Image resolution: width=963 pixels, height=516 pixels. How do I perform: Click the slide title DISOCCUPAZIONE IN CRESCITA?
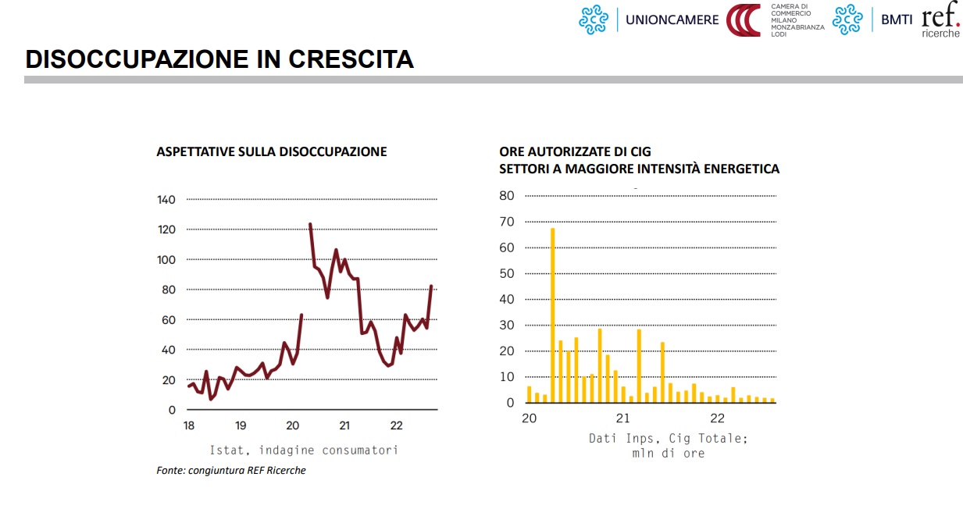pyautogui.click(x=219, y=59)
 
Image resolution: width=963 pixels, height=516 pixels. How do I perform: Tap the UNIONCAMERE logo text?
pyautogui.click(x=672, y=20)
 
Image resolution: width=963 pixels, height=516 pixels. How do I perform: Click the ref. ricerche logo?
pyautogui.click(x=940, y=23)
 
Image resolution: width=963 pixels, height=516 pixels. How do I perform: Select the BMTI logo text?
pyautogui.click(x=897, y=20)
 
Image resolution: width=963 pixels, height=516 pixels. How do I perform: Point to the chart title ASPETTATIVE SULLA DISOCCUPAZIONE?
pyautogui.click(x=272, y=151)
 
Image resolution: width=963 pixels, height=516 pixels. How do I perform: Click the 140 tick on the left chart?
pyautogui.click(x=166, y=200)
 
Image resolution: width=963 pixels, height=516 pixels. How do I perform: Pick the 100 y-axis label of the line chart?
pyautogui.click(x=166, y=260)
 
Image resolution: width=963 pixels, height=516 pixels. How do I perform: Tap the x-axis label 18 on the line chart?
pyautogui.click(x=188, y=425)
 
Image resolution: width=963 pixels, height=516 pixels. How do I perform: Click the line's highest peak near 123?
pyautogui.click(x=310, y=225)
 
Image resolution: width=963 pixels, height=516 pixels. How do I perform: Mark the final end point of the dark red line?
pyautogui.click(x=431, y=286)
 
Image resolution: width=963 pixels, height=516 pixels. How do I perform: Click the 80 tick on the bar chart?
pyautogui.click(x=507, y=196)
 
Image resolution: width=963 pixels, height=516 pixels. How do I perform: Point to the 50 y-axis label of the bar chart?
pyautogui.click(x=507, y=273)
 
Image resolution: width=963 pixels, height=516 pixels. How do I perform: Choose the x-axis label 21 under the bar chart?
pyautogui.click(x=623, y=418)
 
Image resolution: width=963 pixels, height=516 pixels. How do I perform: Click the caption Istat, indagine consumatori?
pyautogui.click(x=304, y=450)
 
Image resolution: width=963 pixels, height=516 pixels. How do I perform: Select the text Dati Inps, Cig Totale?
pyautogui.click(x=668, y=439)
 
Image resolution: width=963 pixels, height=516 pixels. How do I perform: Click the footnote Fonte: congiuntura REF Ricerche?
pyautogui.click(x=231, y=470)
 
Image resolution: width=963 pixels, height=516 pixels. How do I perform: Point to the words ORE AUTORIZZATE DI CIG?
pyautogui.click(x=575, y=151)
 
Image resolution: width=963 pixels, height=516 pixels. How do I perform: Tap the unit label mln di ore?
pyautogui.click(x=668, y=453)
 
